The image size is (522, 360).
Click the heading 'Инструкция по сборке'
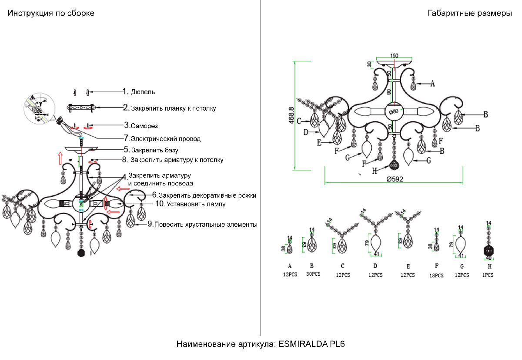click(x=50, y=13)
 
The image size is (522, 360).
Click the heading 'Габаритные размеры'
click(x=470, y=13)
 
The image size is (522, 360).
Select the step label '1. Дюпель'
click(x=139, y=92)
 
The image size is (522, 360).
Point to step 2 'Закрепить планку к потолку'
click(x=170, y=108)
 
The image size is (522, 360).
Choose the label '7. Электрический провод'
click(x=162, y=139)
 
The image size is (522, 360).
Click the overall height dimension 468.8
click(x=292, y=115)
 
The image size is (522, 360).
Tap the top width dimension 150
click(x=394, y=56)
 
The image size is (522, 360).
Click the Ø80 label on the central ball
click(x=394, y=111)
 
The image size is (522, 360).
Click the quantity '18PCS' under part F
click(x=436, y=275)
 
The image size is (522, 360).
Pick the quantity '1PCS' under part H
click(x=488, y=275)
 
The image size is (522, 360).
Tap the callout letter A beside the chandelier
click(x=432, y=84)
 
